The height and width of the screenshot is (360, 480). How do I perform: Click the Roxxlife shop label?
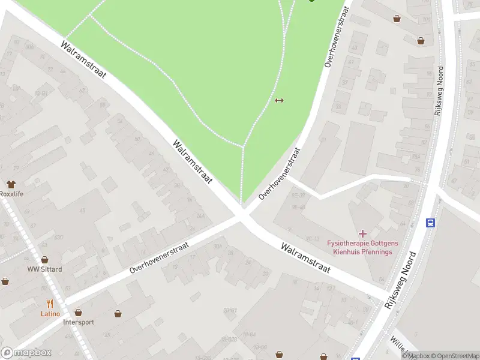pyautogui.click(x=11, y=194)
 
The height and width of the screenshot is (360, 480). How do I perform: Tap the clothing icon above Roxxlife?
pyautogui.click(x=11, y=184)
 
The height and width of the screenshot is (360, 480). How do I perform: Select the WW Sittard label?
pyautogui.click(x=44, y=269)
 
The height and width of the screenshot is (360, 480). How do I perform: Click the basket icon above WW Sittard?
pyautogui.click(x=44, y=260)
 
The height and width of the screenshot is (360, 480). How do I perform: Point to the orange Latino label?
pyautogui.click(x=50, y=314)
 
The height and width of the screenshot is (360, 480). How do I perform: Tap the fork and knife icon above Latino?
pyautogui.click(x=50, y=304)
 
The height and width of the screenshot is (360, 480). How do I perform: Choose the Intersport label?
pyautogui.click(x=78, y=322)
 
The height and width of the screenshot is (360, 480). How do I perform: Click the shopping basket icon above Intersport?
pyautogui.click(x=78, y=313)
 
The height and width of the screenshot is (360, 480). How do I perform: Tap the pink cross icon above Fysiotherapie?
pyautogui.click(x=362, y=233)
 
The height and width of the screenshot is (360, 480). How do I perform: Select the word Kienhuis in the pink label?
pyautogui.click(x=346, y=251)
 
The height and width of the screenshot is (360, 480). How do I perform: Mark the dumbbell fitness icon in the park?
pyautogui.click(x=278, y=100)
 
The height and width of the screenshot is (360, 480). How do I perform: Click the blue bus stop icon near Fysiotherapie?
pyautogui.click(x=430, y=223)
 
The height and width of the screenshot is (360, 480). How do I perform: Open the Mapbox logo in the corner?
pyautogui.click(x=26, y=353)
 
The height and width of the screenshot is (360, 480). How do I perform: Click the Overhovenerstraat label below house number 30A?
pyautogui.click(x=159, y=258)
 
